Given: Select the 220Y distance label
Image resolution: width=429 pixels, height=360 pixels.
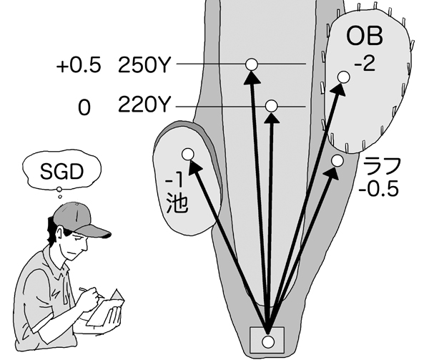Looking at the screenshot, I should coord(143,107).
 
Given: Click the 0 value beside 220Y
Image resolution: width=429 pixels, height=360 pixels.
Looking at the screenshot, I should coord(85,107).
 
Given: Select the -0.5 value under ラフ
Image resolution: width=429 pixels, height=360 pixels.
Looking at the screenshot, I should coord(380,190).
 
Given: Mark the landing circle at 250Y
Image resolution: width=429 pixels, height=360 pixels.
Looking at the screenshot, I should coord(250,64).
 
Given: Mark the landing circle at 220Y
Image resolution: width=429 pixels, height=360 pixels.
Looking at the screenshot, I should coord(271,106).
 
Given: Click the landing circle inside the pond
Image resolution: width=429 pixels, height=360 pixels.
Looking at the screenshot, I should coord(188,153).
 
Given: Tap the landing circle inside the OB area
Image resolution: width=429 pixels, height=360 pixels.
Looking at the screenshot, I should coord(342,77).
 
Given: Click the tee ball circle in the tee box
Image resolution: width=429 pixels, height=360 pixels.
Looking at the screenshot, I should coord(268,340).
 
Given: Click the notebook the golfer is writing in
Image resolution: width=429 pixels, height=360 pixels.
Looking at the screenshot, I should coord(107,308).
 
